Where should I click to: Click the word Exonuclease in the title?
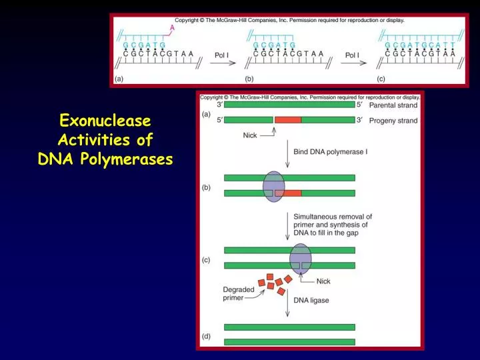[105, 121]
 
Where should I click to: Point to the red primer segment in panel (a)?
[287, 120]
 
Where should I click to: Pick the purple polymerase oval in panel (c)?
[301, 258]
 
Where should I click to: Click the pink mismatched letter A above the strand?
[172, 28]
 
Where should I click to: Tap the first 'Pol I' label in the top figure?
[223, 55]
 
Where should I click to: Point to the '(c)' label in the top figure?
[381, 79]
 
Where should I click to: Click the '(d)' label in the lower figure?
[207, 336]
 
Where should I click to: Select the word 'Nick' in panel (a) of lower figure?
[250, 135]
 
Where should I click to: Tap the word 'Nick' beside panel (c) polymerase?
[323, 281]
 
